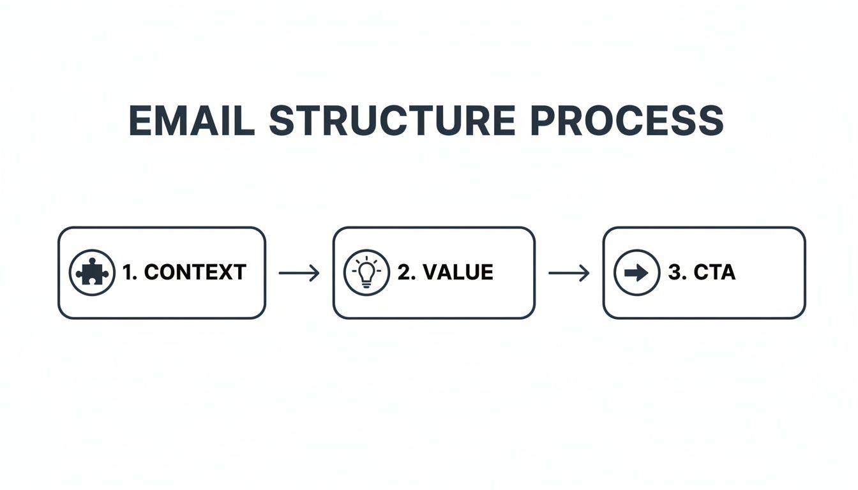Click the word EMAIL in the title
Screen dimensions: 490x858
[x=192, y=120]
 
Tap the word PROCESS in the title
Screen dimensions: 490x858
[x=627, y=120]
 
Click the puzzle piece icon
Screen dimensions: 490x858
[x=92, y=273]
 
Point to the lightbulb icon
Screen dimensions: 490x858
[x=366, y=273]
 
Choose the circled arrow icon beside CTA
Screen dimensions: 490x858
[x=636, y=273]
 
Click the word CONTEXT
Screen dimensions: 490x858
[x=195, y=273]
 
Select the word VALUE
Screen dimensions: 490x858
[x=458, y=273]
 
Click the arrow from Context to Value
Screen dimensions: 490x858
[x=299, y=274]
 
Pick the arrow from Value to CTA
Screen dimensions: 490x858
[x=569, y=274]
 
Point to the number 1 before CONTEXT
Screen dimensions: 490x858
[x=128, y=273]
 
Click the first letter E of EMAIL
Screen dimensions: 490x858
[x=141, y=120]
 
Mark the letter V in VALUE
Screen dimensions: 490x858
[x=430, y=273]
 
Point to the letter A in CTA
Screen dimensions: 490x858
[x=727, y=273]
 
